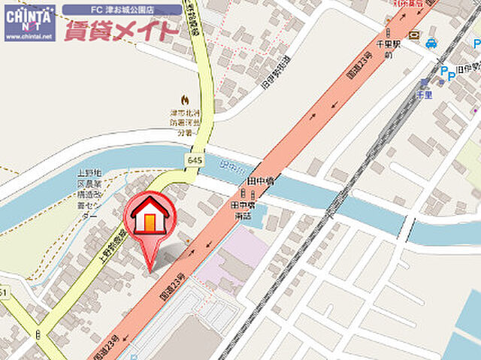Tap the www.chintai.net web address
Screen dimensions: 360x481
click(x=29, y=36)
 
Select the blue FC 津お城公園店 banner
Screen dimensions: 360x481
click(x=122, y=10)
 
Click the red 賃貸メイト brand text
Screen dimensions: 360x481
click(x=122, y=31)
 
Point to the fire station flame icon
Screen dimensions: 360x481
click(x=185, y=99)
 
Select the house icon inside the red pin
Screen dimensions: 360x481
click(x=150, y=215)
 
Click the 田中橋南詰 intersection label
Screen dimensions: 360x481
click(x=243, y=210)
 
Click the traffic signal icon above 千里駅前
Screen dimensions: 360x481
click(x=389, y=33)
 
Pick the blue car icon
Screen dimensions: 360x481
click(x=431, y=43)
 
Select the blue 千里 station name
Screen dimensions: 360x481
click(x=424, y=95)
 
